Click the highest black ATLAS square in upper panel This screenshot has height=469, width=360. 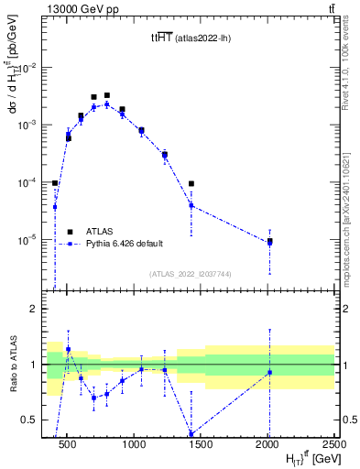(107, 95)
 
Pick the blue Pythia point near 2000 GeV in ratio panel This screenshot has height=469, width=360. (269, 372)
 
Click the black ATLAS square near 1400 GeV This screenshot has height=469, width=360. (191, 184)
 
